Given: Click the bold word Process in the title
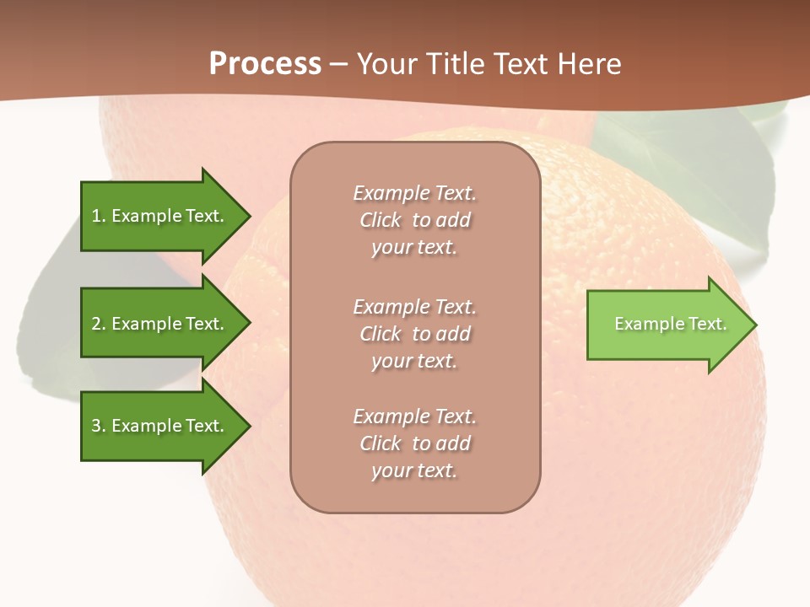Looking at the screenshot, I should pos(265,63).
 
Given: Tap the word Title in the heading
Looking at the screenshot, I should pos(453,63).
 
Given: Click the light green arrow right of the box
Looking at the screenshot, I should pos(667,325).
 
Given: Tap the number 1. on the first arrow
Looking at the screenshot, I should pos(99,216).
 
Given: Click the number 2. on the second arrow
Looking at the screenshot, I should pos(99,324).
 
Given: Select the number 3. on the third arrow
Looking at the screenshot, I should pos(99,426).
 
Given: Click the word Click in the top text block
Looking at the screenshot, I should pos(381,221).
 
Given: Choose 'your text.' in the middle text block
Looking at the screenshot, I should pos(414,361).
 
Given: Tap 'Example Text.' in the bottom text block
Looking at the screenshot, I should pos(414,416).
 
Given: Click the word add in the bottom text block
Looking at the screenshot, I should pos(453,443).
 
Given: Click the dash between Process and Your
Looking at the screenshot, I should pos(339,64).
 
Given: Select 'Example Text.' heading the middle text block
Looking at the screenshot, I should pos(414,306).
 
